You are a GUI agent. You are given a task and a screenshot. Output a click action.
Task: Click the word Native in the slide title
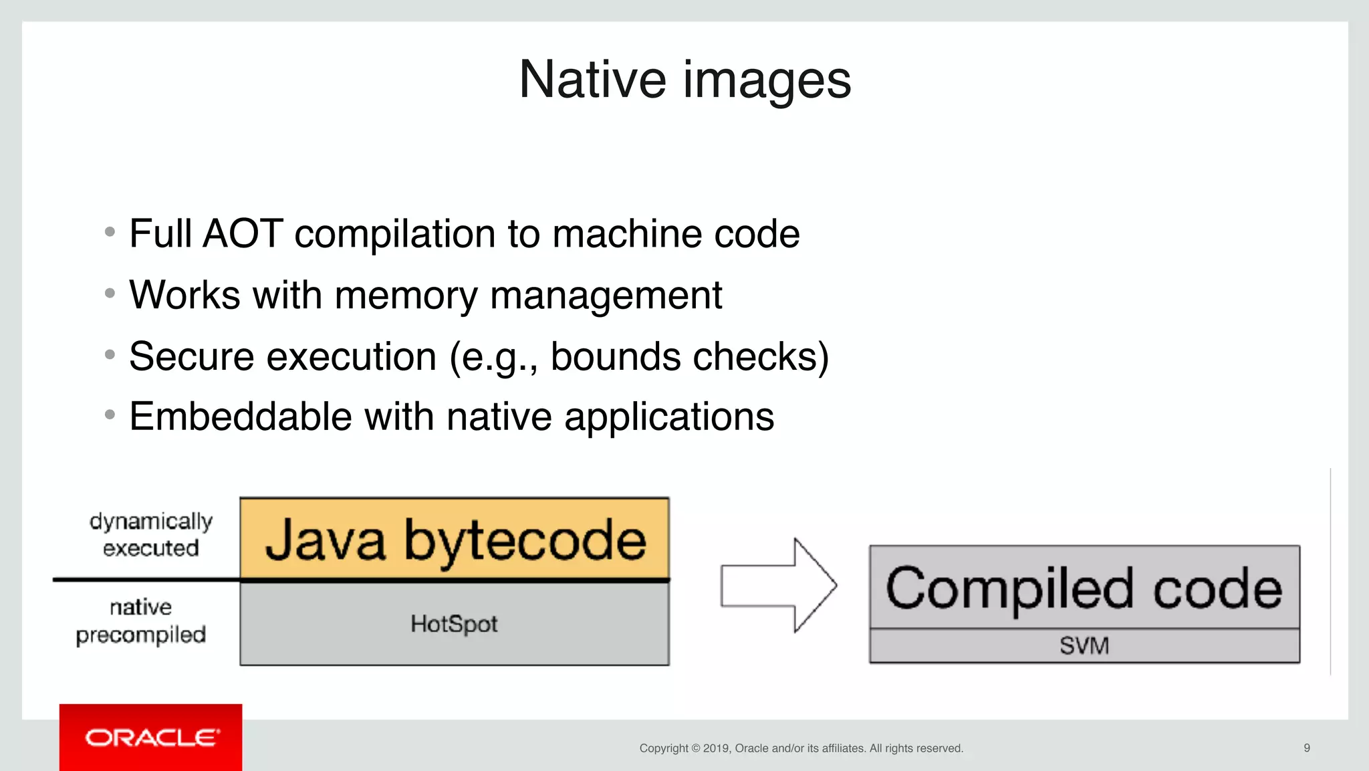(592, 80)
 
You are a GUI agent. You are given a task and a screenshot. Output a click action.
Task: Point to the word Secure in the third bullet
(191, 356)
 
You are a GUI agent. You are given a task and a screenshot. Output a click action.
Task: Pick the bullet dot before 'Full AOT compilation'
(110, 233)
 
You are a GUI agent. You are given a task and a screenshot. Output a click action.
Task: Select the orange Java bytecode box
(455, 538)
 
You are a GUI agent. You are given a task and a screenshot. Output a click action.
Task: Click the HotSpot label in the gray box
(454, 624)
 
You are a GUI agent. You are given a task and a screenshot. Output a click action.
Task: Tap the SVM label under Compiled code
(1084, 646)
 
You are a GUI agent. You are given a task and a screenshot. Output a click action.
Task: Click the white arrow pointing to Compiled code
(779, 585)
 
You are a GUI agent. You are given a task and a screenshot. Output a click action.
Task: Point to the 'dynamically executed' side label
(151, 534)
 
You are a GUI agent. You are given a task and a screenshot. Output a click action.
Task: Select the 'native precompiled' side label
(141, 621)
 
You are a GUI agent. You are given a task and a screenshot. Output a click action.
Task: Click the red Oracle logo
(151, 738)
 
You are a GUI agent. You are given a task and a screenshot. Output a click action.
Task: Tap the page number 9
(1306, 748)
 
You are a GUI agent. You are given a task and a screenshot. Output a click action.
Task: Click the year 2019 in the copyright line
(716, 748)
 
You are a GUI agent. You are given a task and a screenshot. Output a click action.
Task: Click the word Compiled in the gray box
(1009, 588)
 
